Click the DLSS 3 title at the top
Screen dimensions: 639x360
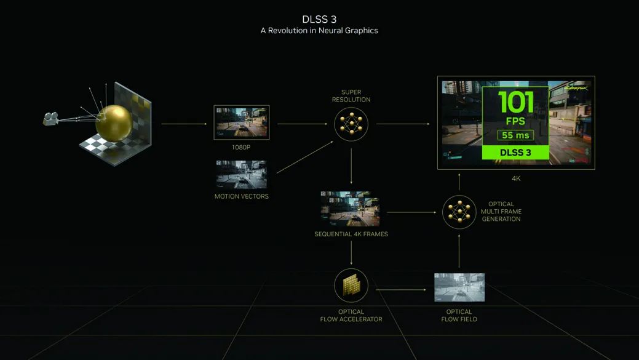(x=319, y=19)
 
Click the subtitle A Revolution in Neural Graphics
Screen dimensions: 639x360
(x=319, y=31)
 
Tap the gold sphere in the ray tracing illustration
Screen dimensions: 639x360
(x=114, y=123)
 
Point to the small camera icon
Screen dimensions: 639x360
(x=51, y=119)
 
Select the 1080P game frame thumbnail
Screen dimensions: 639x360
(x=242, y=122)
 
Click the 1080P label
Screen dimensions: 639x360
(x=241, y=147)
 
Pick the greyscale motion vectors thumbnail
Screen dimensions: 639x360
(x=241, y=175)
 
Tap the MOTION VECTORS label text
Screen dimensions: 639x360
(x=242, y=196)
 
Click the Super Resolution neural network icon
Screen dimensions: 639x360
(x=351, y=124)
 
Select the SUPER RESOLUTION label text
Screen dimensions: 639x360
(x=351, y=96)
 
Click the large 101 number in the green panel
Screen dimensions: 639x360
(x=515, y=102)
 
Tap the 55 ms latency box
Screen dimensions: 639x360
(x=515, y=135)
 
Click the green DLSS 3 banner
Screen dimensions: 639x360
(x=515, y=153)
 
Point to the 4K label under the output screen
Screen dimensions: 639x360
(x=516, y=178)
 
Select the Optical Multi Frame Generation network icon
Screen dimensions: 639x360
(x=459, y=212)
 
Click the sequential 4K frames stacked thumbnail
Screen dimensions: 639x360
(x=351, y=209)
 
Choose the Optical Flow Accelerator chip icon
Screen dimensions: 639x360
(x=351, y=286)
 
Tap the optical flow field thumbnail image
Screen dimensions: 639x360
(x=459, y=287)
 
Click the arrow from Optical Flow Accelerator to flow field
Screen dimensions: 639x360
(x=401, y=290)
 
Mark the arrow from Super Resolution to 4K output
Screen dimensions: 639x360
(x=403, y=124)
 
